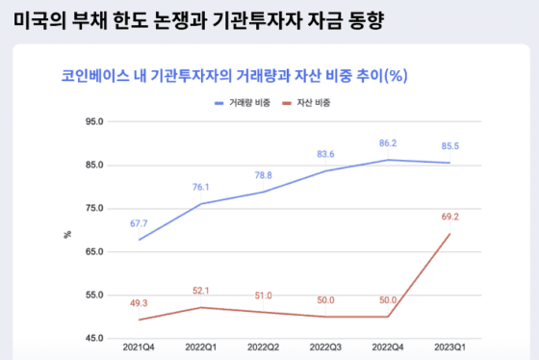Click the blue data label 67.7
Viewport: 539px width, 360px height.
[140, 223]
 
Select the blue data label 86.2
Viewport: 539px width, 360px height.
[387, 142]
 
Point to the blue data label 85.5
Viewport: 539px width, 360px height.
[449, 146]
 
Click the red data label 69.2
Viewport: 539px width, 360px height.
[449, 218]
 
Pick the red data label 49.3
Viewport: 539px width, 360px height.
[140, 303]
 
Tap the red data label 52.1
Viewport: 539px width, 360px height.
[201, 291]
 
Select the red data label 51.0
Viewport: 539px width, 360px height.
[263, 296]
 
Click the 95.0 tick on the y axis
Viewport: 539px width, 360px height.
[94, 122]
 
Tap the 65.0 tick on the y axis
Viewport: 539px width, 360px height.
[94, 251]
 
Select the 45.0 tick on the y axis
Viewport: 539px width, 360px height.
[94, 338]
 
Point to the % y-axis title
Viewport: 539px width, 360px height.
[67, 232]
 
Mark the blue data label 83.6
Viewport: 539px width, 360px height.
[325, 154]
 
